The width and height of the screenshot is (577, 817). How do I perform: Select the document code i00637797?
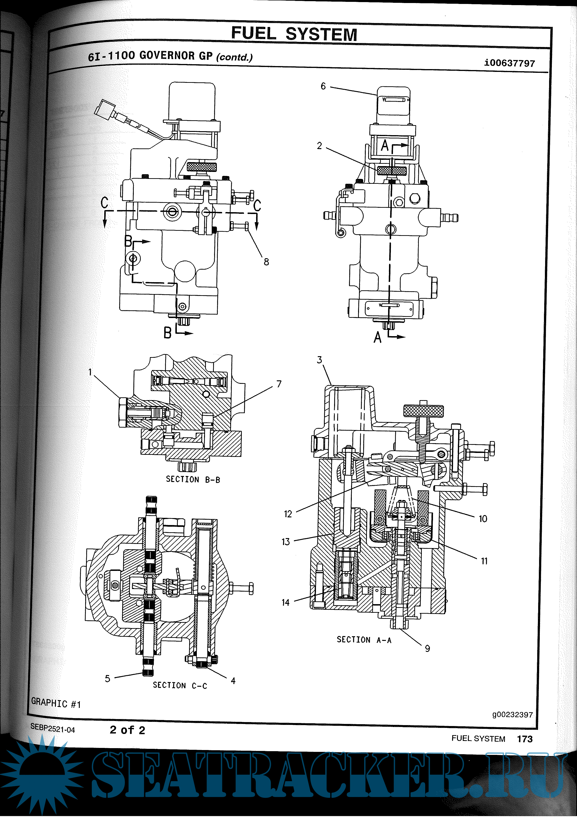[x=509, y=63]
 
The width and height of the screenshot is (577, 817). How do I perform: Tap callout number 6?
[x=323, y=86]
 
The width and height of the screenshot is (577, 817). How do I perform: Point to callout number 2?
[x=319, y=146]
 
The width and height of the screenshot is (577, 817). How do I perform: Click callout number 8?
[x=266, y=262]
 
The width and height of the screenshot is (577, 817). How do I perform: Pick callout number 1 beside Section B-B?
[x=90, y=372]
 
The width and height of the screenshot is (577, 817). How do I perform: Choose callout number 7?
[x=279, y=384]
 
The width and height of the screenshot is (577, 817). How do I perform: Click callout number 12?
[x=288, y=514]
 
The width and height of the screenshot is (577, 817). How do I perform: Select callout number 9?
[x=427, y=648]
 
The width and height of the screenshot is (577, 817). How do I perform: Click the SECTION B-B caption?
[x=193, y=479]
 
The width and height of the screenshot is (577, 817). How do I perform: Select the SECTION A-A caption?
[x=364, y=640]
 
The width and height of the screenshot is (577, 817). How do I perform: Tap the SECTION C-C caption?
[x=180, y=685]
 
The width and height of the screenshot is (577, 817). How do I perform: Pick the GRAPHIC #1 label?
[x=56, y=703]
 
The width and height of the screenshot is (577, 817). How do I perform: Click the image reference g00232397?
[x=512, y=714]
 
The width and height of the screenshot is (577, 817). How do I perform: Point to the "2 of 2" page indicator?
[x=127, y=730]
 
